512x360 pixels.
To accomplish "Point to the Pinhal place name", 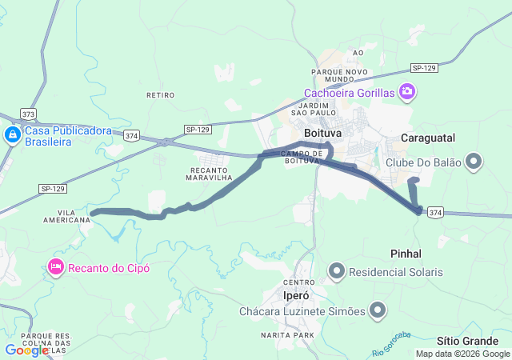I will click(406, 253).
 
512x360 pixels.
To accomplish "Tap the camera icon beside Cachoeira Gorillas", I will click(408, 92).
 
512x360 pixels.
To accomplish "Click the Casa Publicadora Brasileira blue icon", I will click(13, 135).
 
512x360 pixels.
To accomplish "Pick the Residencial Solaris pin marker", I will click(337, 272).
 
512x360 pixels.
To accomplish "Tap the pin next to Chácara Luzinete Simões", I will click(378, 311).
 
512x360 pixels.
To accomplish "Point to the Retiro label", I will click(160, 94).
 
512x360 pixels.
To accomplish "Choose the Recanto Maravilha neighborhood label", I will click(210, 174).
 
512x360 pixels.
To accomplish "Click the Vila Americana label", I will click(67, 217).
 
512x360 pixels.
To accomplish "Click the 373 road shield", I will click(29, 114).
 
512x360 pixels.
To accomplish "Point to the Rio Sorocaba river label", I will click(391, 344).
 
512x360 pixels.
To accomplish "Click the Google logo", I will click(26, 350).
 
